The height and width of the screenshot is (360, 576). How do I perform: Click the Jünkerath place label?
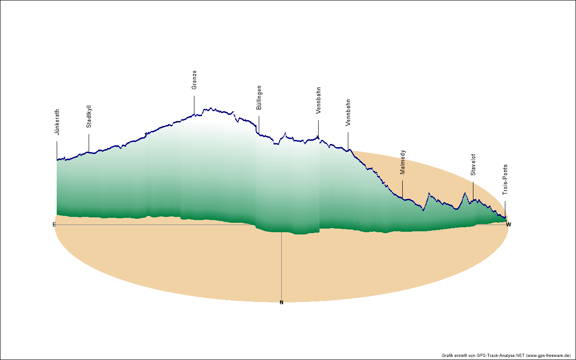coord(57,122)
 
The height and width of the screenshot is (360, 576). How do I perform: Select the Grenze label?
coord(194,80)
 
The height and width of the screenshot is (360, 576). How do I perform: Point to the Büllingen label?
coord(259,98)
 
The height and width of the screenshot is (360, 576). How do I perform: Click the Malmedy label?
coord(403,162)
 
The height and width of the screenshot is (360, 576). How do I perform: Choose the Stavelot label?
coord(473,164)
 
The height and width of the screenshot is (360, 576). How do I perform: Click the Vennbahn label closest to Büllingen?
coord(318,100)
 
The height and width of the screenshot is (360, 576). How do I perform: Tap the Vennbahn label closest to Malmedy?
coord(348,112)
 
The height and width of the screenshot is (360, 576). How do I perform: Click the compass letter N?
coord(281,302)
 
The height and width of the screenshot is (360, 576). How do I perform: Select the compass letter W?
coord(508,224)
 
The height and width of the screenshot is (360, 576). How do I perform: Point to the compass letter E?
coord(54,224)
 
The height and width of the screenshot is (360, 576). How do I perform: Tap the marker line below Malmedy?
coord(403,189)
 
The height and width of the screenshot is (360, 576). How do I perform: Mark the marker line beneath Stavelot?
coord(473,191)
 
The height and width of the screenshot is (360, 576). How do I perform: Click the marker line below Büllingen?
coord(259,124)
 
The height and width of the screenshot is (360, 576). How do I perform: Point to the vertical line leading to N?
coord(281,265)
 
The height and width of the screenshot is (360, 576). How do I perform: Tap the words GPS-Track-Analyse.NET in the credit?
coord(500,355)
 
